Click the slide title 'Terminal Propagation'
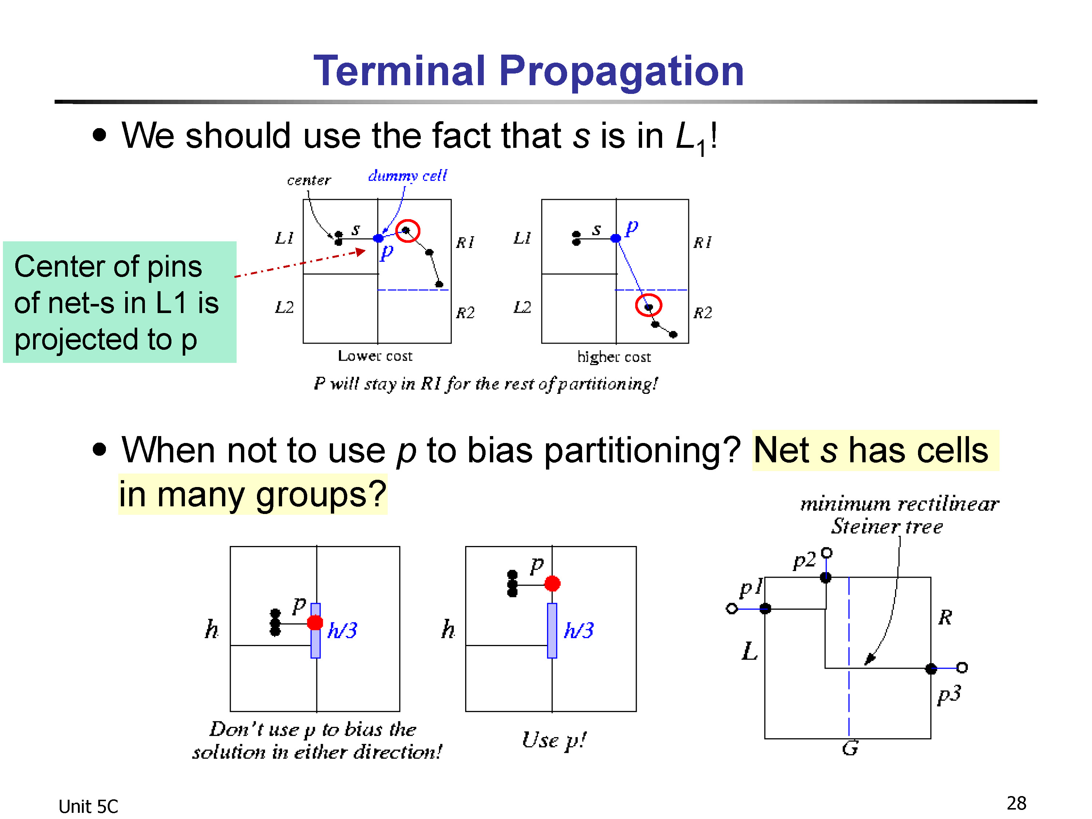tap(529, 72)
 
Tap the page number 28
tap(1016, 803)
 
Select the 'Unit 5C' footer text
tap(88, 807)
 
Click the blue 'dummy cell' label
tap(407, 176)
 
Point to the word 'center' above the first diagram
tap(309, 180)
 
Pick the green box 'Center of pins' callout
tap(119, 302)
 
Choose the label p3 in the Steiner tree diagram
tap(949, 694)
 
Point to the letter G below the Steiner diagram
tap(850, 748)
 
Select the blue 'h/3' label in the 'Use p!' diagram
tap(579, 630)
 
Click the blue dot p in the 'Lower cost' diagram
tap(378, 238)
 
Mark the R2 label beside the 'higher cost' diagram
tap(703, 312)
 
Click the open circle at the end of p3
tap(962, 668)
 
